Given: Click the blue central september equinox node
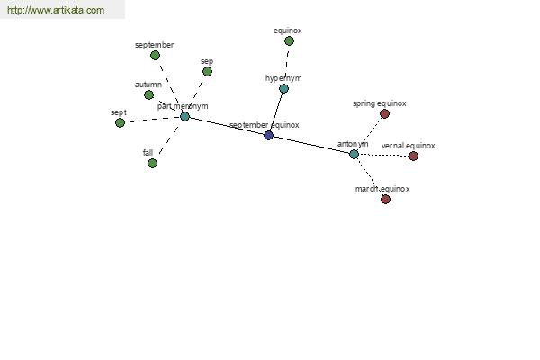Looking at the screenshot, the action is [268, 135].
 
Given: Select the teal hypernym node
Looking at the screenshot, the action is [283, 89].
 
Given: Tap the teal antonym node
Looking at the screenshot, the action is [354, 154].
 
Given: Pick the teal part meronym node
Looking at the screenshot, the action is [184, 116].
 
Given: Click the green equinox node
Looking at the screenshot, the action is [289, 41].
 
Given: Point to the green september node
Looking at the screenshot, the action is [156, 56].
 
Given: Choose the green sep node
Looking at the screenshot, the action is [207, 72].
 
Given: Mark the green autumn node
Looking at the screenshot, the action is [148, 94].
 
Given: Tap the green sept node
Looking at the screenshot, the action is [120, 122].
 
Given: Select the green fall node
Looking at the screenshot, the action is [153, 163].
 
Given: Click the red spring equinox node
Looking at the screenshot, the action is [384, 113].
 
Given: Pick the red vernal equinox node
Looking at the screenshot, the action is [414, 156].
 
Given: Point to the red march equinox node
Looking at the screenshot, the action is [386, 199].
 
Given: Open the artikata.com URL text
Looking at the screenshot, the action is [56, 10].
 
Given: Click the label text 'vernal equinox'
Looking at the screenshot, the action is [409, 146].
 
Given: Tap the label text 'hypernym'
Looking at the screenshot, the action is [283, 78].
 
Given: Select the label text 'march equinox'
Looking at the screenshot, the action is [382, 189].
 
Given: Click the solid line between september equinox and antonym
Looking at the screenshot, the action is [311, 145].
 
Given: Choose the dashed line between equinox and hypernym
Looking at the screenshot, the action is [287, 65].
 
